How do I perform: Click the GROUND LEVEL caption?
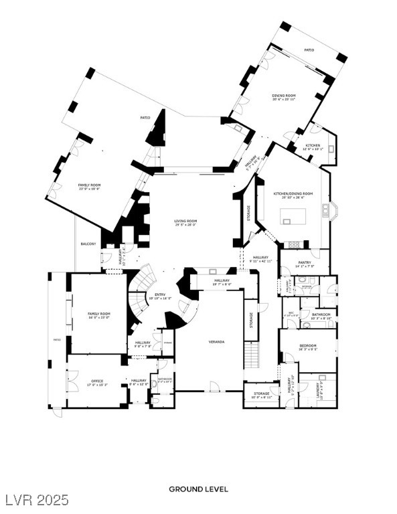(198, 489)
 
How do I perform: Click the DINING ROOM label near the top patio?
(283, 96)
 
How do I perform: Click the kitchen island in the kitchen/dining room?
(293, 216)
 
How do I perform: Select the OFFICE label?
(97, 382)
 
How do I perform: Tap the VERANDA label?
(215, 342)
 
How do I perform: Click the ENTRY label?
(159, 295)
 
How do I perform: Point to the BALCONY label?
(88, 244)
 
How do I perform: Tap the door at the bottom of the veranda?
(214, 386)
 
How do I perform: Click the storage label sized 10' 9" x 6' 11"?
(261, 395)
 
